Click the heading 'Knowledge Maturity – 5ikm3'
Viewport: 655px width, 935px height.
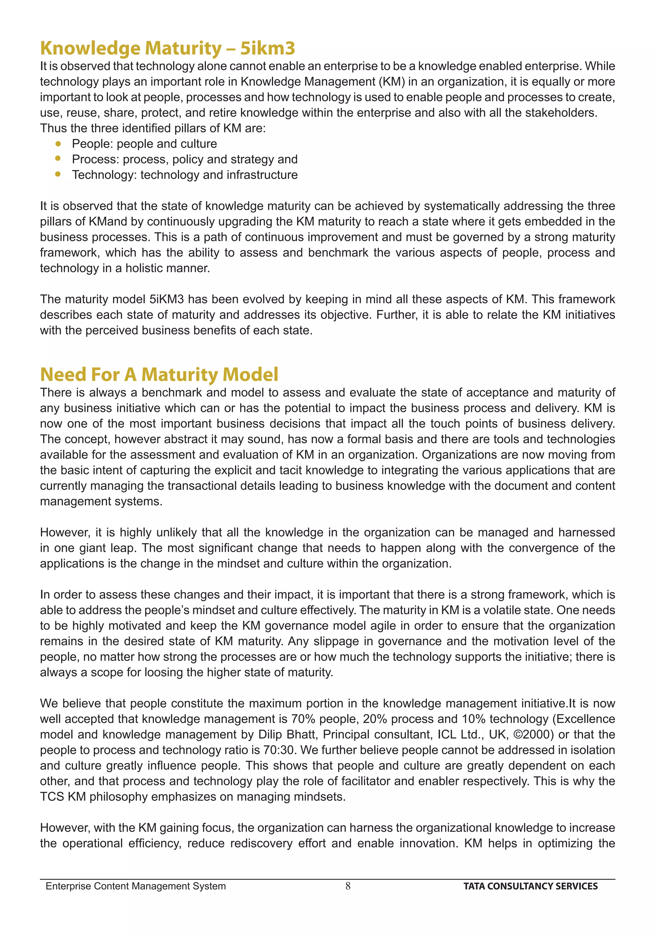pos(167,48)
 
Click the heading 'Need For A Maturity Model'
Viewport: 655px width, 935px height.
pos(159,374)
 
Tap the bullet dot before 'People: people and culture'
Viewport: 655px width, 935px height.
pos(58,144)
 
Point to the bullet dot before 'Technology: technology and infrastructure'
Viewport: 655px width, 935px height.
pos(58,174)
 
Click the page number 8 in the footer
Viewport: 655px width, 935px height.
pos(348,886)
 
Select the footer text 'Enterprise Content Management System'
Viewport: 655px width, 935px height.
pos(136,886)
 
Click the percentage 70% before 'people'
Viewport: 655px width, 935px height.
pos(303,719)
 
